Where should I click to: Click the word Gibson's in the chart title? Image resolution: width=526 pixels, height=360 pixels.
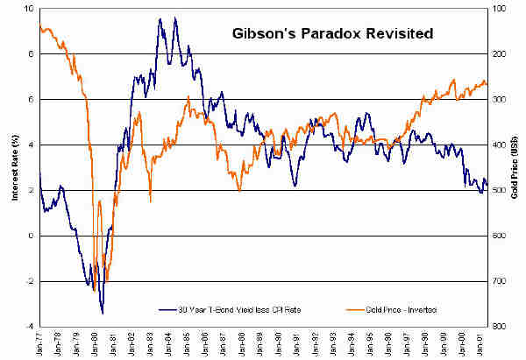263,36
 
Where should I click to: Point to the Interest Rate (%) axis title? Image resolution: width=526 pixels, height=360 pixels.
13,166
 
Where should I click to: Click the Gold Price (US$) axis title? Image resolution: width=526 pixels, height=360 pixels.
515,166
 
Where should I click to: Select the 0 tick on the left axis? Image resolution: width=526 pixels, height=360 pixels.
32,236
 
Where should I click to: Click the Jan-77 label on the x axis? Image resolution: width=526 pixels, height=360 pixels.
40,342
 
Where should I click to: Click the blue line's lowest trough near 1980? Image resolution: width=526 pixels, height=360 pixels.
103,313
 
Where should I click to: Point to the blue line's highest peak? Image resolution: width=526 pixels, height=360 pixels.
160,18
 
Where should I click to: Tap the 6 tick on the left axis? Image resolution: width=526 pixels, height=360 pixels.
32,100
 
